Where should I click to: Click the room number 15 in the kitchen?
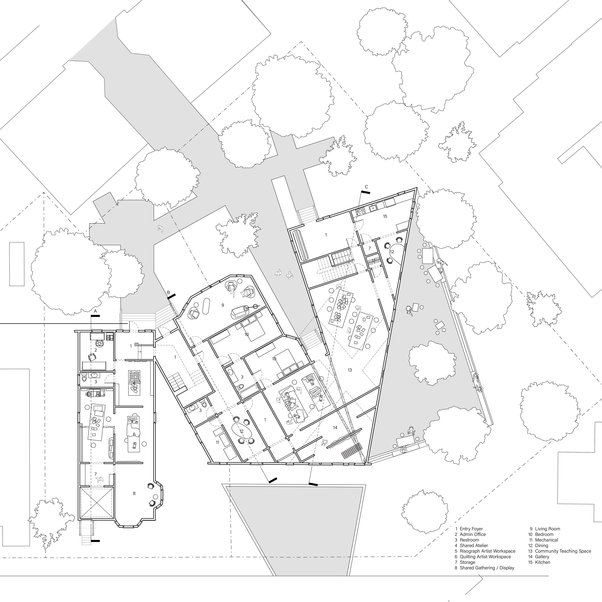(x=385, y=216)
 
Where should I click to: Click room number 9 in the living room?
(x=223, y=305)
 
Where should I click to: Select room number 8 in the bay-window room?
(x=134, y=493)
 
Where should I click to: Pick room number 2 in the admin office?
(x=96, y=350)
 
